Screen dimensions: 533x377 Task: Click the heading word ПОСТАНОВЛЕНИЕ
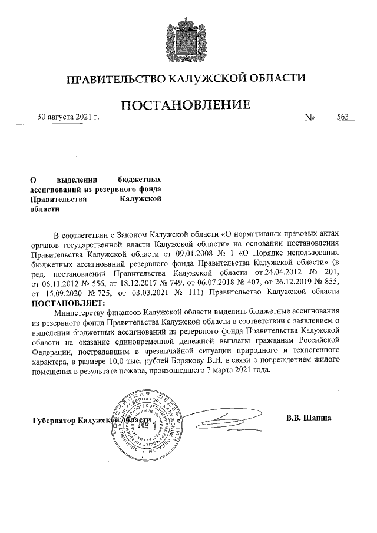click(x=187, y=106)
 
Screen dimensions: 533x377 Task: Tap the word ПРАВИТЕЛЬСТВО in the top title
click(x=116, y=78)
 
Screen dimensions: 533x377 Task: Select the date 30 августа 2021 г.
click(x=68, y=117)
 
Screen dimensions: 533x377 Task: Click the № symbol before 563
click(x=310, y=117)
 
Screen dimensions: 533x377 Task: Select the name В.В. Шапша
click(x=309, y=418)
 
